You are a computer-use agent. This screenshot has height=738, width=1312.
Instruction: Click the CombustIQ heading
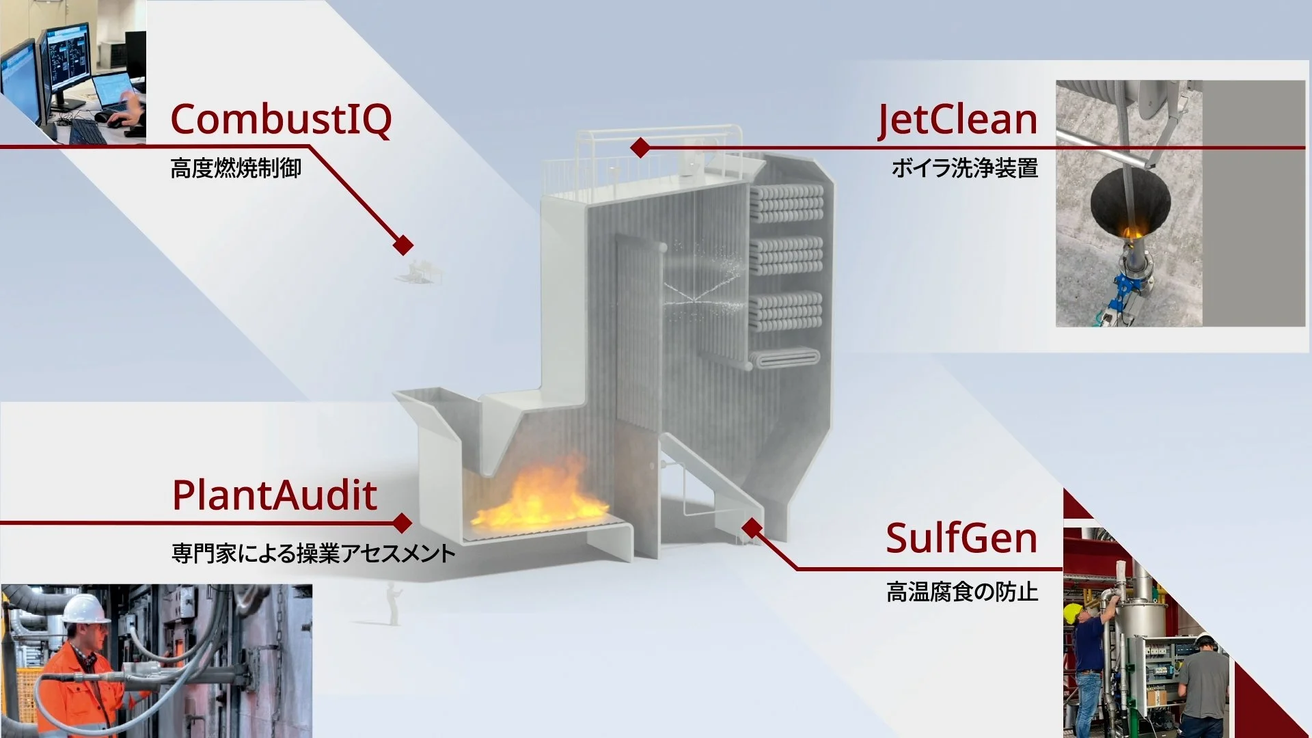click(281, 120)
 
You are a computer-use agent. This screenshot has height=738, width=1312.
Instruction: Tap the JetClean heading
click(957, 120)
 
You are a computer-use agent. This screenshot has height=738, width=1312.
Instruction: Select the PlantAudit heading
click(274, 495)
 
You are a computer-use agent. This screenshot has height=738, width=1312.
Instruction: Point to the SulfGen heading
click(961, 538)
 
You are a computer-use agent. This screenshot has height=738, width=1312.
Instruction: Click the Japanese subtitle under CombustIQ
click(236, 168)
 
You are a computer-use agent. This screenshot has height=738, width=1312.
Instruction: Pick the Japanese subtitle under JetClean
click(964, 168)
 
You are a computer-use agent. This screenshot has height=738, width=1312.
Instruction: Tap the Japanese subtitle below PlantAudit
click(313, 553)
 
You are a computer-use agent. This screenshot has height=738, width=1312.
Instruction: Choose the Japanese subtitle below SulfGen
click(962, 592)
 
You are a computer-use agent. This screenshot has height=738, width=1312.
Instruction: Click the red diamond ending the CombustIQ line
click(403, 245)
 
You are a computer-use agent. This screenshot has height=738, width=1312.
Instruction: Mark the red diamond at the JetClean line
click(640, 147)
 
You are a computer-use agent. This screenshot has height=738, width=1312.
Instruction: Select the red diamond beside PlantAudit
click(402, 523)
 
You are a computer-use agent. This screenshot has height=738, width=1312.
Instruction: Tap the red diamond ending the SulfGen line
click(752, 528)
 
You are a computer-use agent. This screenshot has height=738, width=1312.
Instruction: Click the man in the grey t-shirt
click(1203, 683)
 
